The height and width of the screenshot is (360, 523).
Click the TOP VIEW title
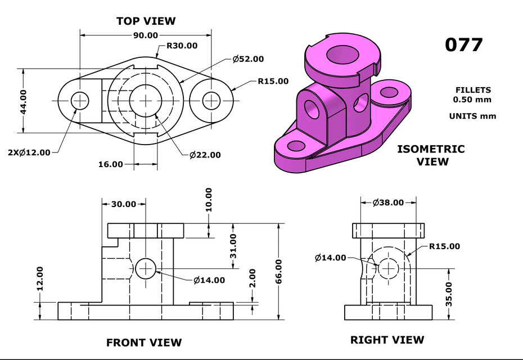pyautogui.click(x=146, y=21)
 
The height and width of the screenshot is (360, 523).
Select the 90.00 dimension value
pyautogui.click(x=145, y=35)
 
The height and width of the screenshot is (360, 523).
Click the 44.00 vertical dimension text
pyautogui.click(x=24, y=101)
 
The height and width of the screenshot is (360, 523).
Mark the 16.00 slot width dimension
pyautogui.click(x=110, y=164)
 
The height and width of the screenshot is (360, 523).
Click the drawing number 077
pyautogui.click(x=463, y=44)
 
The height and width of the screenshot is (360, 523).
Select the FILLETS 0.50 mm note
pyautogui.click(x=472, y=94)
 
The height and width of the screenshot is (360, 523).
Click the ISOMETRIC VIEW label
pyautogui.click(x=431, y=155)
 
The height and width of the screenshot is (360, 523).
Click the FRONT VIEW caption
pyautogui.click(x=144, y=342)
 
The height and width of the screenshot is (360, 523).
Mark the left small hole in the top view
pyautogui.click(x=80, y=101)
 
